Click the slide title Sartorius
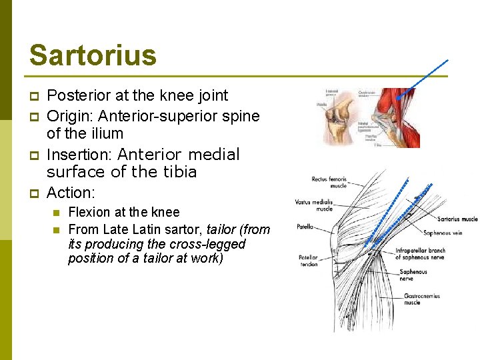click(x=93, y=55)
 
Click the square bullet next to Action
click(x=34, y=193)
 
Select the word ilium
click(x=105, y=133)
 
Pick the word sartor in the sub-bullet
click(x=183, y=230)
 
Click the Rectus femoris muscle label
click(x=329, y=182)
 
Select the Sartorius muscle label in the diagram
click(x=457, y=219)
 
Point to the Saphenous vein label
click(x=443, y=233)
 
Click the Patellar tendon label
click(x=308, y=261)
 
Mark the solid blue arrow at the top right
click(x=423, y=79)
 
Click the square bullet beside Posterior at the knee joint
click(x=34, y=97)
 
